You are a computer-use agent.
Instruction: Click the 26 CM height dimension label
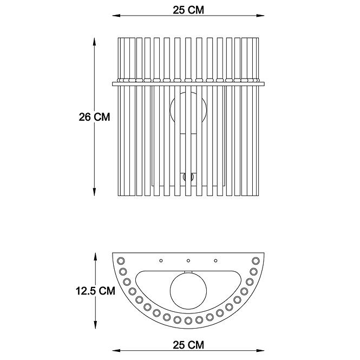pyautogui.click(x=94, y=117)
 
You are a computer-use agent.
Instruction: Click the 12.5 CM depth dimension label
pyautogui.click(x=95, y=291)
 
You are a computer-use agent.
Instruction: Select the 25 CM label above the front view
pyautogui.click(x=188, y=10)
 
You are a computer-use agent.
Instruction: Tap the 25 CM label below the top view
pyautogui.click(x=188, y=345)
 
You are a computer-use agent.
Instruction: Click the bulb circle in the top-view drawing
pyautogui.click(x=188, y=290)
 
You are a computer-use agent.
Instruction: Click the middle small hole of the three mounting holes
pyautogui.click(x=188, y=260)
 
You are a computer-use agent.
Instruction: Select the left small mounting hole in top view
pyautogui.click(x=161, y=260)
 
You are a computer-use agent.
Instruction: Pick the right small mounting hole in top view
pyautogui.click(x=215, y=260)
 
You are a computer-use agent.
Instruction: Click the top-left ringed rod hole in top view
pyautogui.click(x=121, y=261)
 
